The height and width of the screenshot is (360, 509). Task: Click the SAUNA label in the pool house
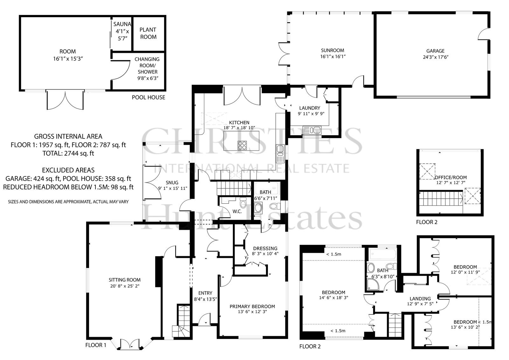[122, 24]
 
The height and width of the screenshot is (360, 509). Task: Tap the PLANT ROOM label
[148, 33]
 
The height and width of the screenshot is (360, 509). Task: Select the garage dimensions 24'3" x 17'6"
[436, 57]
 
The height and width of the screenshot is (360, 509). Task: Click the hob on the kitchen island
[242, 145]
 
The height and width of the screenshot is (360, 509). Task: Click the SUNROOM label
[332, 50]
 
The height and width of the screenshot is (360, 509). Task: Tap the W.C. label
[237, 211]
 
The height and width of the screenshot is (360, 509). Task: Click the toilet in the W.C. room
[243, 203]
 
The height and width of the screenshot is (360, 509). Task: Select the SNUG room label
[172, 183]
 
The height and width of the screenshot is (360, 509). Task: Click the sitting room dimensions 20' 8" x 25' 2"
[125, 286]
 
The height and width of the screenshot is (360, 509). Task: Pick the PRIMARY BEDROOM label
[252, 306]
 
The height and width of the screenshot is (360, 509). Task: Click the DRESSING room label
[265, 248]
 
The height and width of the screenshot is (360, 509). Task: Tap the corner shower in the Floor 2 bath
[372, 284]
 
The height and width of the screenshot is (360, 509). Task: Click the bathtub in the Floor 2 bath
[383, 254]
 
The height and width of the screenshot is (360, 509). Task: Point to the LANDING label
[420, 299]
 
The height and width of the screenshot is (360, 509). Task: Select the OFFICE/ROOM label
[451, 177]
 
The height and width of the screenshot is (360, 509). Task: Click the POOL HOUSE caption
[148, 97]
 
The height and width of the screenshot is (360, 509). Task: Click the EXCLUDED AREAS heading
[68, 170]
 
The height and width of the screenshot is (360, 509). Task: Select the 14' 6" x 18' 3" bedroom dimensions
[334, 298]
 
